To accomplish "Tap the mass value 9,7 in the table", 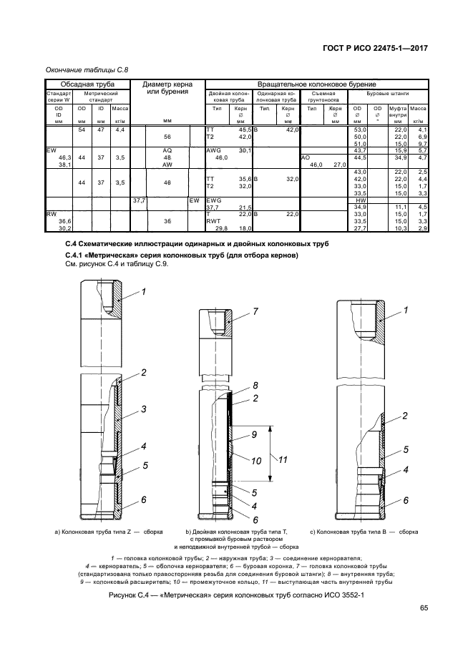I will (421, 143).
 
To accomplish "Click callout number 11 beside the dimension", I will (282, 459).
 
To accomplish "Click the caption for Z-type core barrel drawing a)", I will (109, 532).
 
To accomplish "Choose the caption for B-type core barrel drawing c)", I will (364, 532).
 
